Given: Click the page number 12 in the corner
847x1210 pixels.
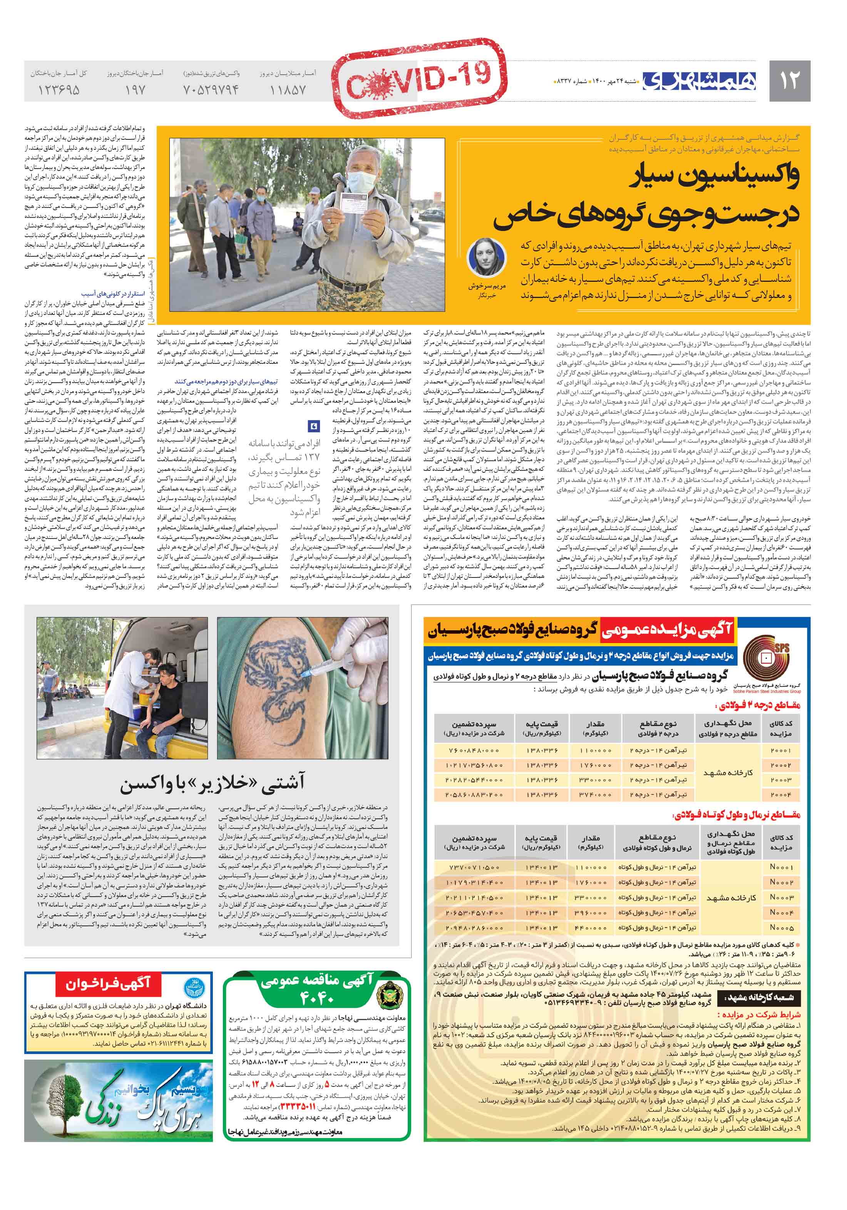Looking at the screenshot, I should [789, 80].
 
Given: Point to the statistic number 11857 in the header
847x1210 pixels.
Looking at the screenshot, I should [288, 90].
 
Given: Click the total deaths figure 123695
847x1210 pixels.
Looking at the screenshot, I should [59, 90].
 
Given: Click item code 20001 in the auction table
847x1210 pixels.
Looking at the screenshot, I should [781, 750].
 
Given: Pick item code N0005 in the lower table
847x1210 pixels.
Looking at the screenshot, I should [781, 927].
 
